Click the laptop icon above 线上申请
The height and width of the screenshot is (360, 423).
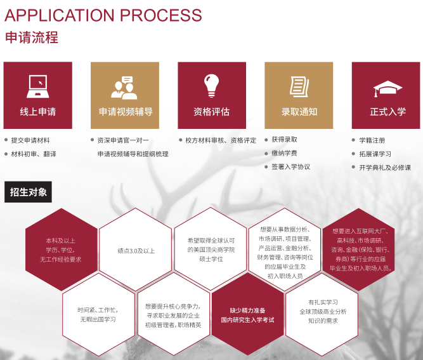pyautogui.click(x=38, y=86)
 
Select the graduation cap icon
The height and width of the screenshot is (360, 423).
pyautogui.click(x=387, y=87)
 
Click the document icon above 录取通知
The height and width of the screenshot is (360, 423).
pyautogui.click(x=299, y=86)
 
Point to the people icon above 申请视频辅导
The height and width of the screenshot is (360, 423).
pyautogui.click(x=124, y=88)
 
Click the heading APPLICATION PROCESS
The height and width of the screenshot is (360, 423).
pyautogui.click(x=103, y=15)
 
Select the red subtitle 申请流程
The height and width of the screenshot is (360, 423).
pyautogui.click(x=31, y=37)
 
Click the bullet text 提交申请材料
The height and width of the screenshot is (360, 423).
pyautogui.click(x=30, y=140)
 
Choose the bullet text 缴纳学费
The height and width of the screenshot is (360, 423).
pyautogui.click(x=283, y=153)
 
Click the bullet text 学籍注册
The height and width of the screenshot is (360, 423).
pyautogui.click(x=372, y=140)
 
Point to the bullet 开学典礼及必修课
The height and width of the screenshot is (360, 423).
pyautogui.click(x=385, y=168)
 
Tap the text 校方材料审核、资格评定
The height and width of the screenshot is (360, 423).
pyautogui.click(x=221, y=140)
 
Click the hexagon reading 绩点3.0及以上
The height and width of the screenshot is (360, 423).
pyautogui.click(x=136, y=250)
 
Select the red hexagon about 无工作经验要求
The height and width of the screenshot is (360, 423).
pyautogui.click(x=61, y=250)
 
